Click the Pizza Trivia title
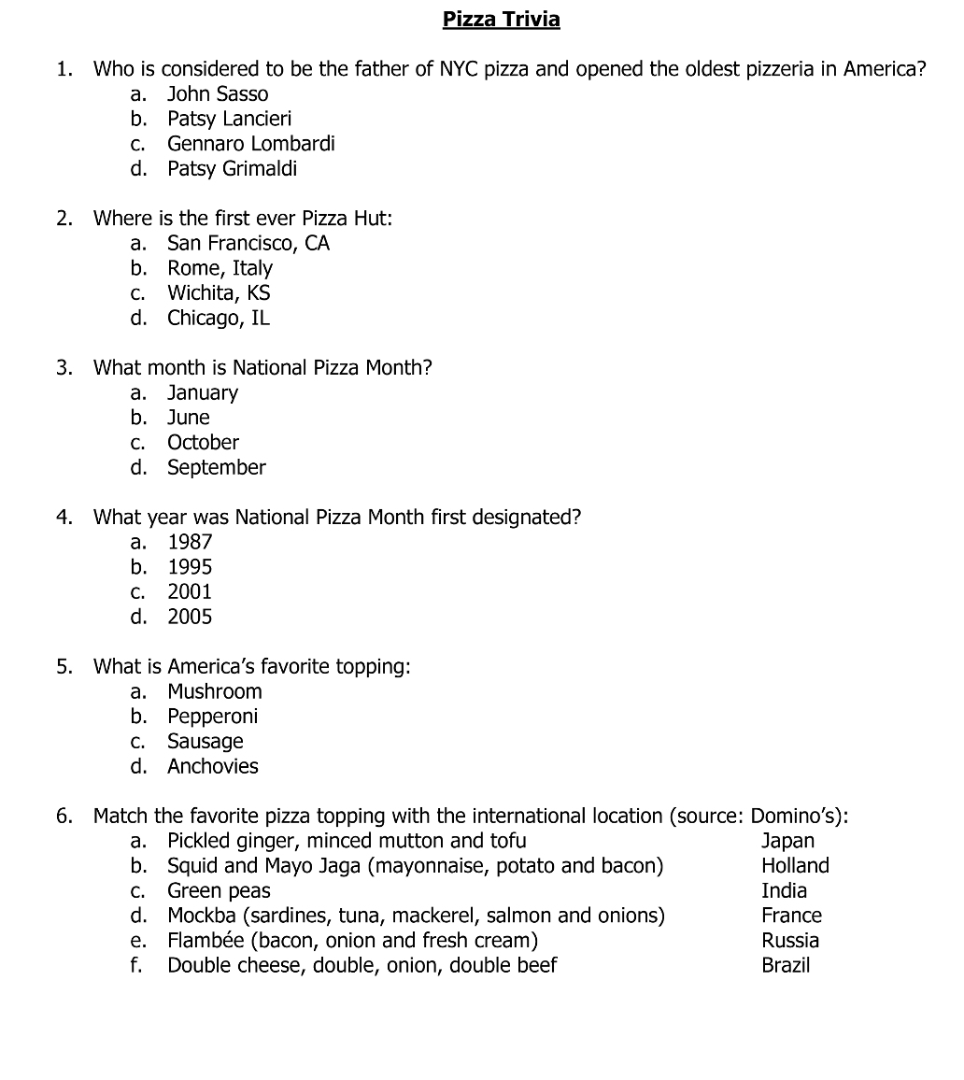click(x=501, y=20)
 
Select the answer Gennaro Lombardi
click(x=250, y=144)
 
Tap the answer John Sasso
click(x=217, y=94)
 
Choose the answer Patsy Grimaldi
click(x=232, y=169)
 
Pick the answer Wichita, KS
click(x=219, y=293)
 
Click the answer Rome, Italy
click(x=220, y=268)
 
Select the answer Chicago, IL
click(x=218, y=319)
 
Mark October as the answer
click(x=203, y=443)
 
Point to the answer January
click(x=202, y=393)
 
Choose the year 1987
click(x=190, y=542)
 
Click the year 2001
click(x=190, y=592)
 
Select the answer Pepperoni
click(x=212, y=717)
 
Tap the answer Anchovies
click(x=212, y=767)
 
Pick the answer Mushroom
click(x=214, y=692)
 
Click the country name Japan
click(x=787, y=842)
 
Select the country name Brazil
click(x=786, y=966)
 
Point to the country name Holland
click(x=795, y=866)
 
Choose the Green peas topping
click(x=219, y=891)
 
